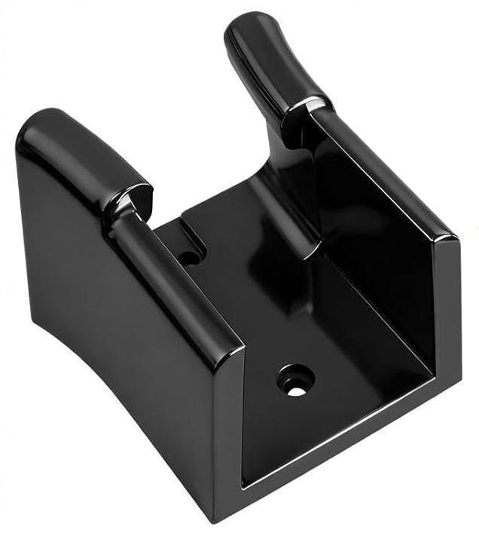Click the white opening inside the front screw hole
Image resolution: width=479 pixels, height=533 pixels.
click(295, 391)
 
